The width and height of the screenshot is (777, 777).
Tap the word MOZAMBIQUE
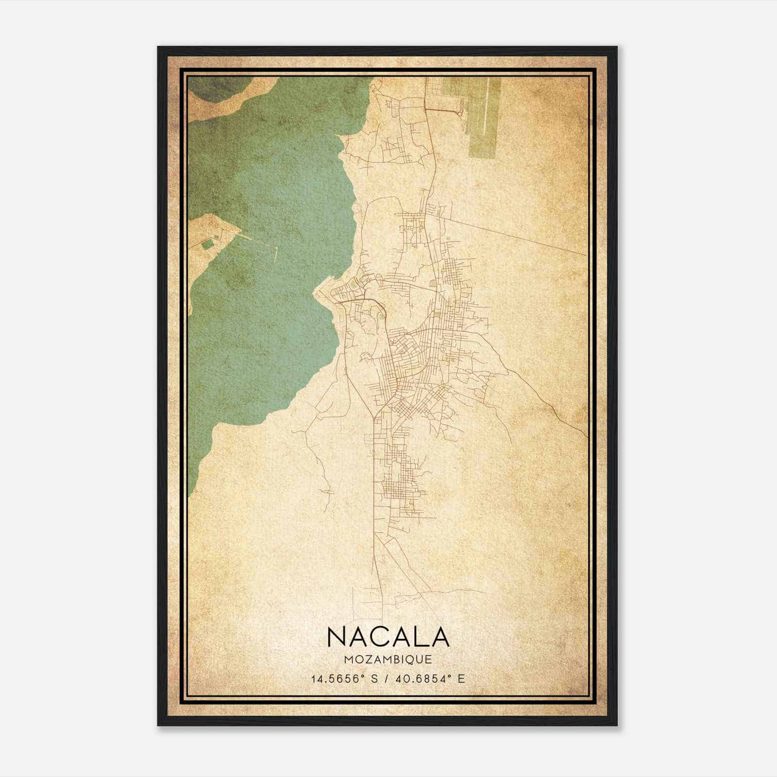point(388,660)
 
